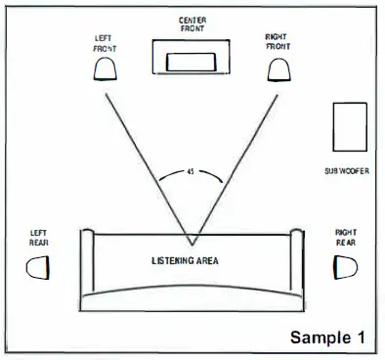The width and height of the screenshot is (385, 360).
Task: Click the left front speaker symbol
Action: click(x=106, y=67)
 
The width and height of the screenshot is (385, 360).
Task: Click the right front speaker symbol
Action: click(x=278, y=67)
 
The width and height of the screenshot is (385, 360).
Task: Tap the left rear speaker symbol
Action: click(x=37, y=266)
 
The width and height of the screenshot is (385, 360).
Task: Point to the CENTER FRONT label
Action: click(x=192, y=24)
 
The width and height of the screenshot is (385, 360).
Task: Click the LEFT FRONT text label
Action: click(x=105, y=43)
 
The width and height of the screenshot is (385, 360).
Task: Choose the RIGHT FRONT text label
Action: click(x=278, y=41)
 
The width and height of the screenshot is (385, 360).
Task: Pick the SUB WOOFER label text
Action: click(x=348, y=170)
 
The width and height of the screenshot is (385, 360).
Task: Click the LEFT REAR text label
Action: click(x=38, y=238)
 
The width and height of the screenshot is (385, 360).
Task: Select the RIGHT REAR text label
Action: click(x=347, y=237)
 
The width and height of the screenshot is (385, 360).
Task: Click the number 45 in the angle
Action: click(x=190, y=173)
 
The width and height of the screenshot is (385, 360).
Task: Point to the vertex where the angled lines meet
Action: click(x=192, y=245)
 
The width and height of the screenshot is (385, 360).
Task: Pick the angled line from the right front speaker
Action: click(x=236, y=157)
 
